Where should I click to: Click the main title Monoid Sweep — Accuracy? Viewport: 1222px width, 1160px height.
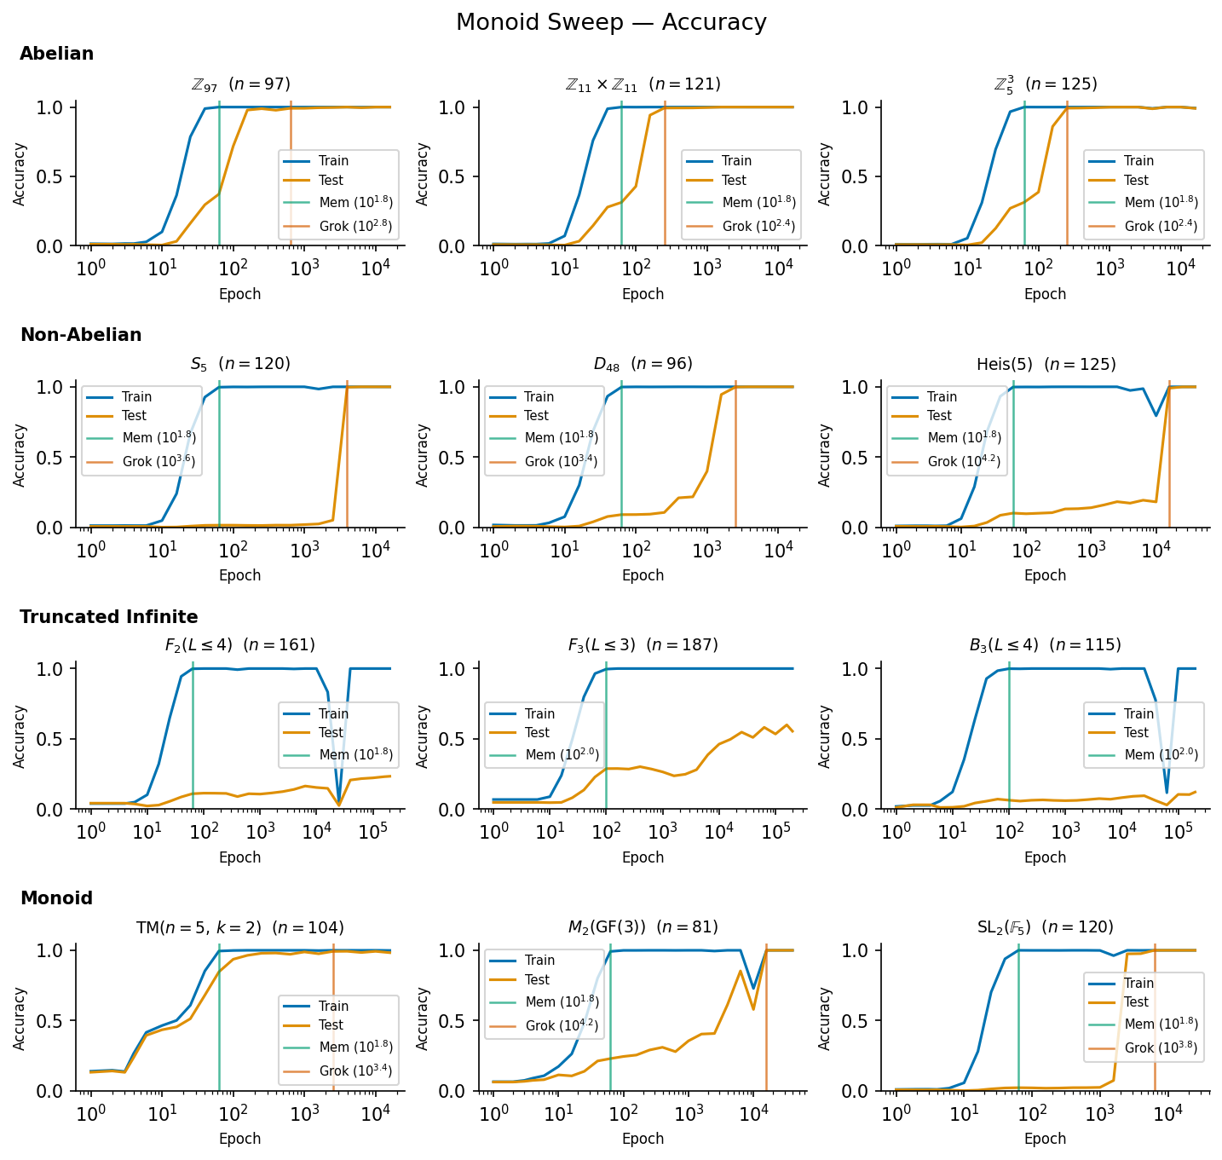coord(611,22)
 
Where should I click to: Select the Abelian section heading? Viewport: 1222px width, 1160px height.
coord(56,54)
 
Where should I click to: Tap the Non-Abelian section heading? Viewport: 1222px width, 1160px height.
coord(81,335)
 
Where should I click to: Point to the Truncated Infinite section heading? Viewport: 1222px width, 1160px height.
coord(109,617)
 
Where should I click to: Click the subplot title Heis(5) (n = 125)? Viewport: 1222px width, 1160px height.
coord(1046,365)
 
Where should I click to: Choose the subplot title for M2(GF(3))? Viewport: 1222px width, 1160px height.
coord(643,927)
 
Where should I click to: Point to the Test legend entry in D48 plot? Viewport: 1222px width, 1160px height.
coord(536,416)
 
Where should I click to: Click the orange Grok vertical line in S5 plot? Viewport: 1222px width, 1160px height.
coord(347,460)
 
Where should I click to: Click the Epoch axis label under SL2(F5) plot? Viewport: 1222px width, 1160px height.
coord(1045,1139)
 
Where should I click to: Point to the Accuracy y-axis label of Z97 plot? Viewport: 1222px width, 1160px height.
coord(20,174)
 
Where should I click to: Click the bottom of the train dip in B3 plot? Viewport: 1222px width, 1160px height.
coord(1167,793)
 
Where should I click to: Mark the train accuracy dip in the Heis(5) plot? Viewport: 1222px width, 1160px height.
coord(1156,415)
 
